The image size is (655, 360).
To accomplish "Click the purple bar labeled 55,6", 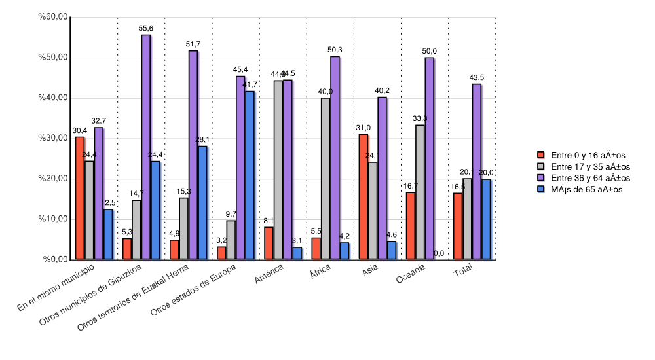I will coord(145,147).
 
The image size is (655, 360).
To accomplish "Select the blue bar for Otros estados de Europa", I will coord(250,175).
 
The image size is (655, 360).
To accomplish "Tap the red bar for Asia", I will coord(364,197).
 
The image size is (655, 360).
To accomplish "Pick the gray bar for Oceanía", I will coord(420,192).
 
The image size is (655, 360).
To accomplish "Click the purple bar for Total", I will coord(476,171).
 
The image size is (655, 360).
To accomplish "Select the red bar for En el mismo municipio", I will coord(80,198).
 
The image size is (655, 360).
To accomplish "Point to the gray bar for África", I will coord(326,179).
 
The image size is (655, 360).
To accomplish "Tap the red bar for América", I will coord(269,243).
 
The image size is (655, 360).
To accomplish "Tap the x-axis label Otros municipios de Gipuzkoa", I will coord(91,295).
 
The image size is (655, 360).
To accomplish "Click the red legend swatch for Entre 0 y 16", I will coord(541,154).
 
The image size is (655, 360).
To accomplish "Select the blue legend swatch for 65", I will coord(541,190).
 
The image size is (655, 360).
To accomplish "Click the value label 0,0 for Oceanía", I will coord(439,253).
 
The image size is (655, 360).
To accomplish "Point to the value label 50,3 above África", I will coord(335,50).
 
